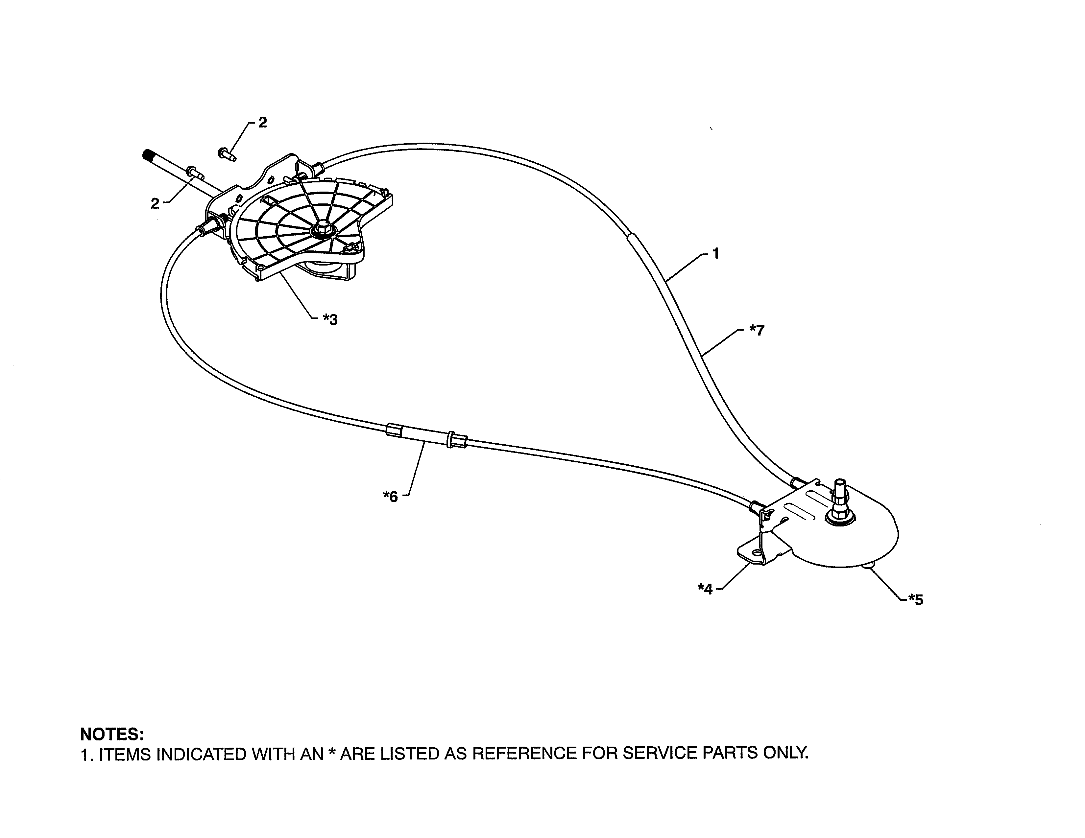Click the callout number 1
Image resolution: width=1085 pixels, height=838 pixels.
click(716, 254)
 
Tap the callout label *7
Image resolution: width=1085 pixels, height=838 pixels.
click(757, 330)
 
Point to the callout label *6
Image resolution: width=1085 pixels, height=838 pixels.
click(391, 496)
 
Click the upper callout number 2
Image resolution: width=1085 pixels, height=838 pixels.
click(263, 122)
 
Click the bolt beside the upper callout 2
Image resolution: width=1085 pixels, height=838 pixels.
click(227, 153)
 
